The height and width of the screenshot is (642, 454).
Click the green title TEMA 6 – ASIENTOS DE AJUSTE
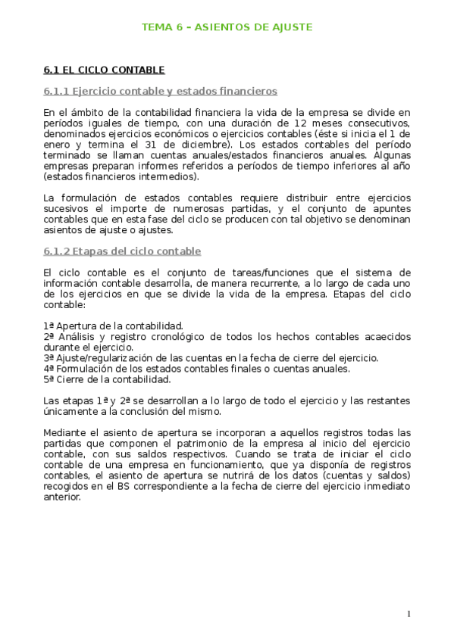coord(227,27)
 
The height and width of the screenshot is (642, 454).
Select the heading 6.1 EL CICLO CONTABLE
coord(104,70)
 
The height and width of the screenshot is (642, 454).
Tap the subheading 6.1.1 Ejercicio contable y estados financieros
coord(161,92)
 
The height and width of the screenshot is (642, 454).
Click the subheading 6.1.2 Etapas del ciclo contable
coord(122,251)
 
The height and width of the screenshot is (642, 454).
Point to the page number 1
coord(409,614)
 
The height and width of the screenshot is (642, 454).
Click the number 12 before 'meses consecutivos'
coord(300,123)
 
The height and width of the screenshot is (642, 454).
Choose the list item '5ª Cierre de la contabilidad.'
coord(107,379)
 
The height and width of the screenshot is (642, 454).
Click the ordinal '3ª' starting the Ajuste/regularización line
coord(49,357)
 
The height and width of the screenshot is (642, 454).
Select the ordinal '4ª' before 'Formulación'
coord(49,369)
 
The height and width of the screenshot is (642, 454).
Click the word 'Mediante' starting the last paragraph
coord(66,432)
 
